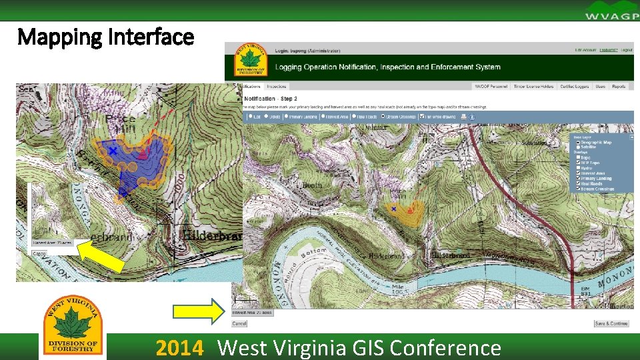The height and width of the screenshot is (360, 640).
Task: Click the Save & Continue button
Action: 611,323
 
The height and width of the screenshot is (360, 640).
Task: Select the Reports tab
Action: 619,87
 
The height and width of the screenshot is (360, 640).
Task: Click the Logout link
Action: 626,50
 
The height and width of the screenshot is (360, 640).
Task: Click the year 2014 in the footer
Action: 179,348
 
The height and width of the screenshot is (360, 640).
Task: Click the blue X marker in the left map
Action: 113,151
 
